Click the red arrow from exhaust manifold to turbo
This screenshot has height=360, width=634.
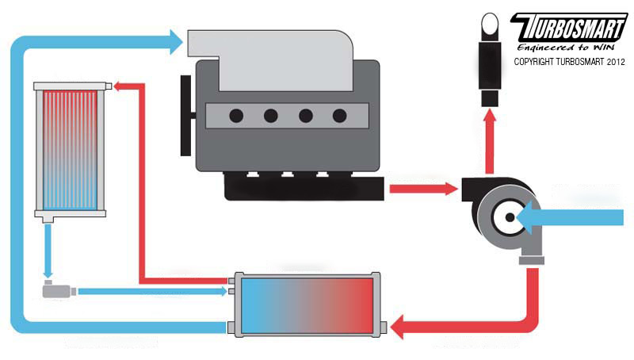[425, 189]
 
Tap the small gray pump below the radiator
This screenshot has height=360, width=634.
[58, 291]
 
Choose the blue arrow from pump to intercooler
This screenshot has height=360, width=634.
[151, 291]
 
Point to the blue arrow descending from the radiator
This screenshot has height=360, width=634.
[48, 250]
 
